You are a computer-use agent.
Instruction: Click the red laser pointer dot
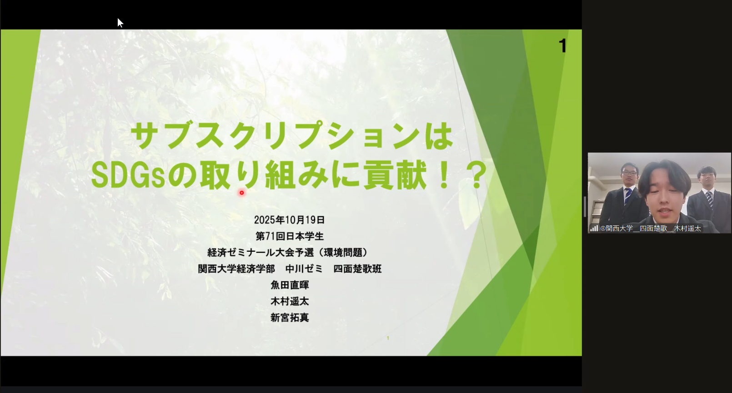point(242,193)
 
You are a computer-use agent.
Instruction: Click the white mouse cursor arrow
point(120,23)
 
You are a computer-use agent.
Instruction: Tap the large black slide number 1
point(562,45)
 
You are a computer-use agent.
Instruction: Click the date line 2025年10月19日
point(290,220)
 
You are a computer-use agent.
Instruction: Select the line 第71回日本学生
point(290,236)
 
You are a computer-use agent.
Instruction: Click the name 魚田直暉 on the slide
point(290,285)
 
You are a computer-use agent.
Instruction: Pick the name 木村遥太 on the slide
point(290,301)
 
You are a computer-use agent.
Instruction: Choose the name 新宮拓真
point(290,318)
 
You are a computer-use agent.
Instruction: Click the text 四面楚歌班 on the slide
point(357,269)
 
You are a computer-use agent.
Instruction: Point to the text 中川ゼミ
point(304,269)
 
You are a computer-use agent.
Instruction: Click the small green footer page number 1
point(388,338)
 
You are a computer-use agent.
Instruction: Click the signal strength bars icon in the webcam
point(594,229)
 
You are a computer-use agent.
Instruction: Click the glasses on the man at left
point(630,173)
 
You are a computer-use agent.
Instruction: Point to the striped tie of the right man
point(709,199)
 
